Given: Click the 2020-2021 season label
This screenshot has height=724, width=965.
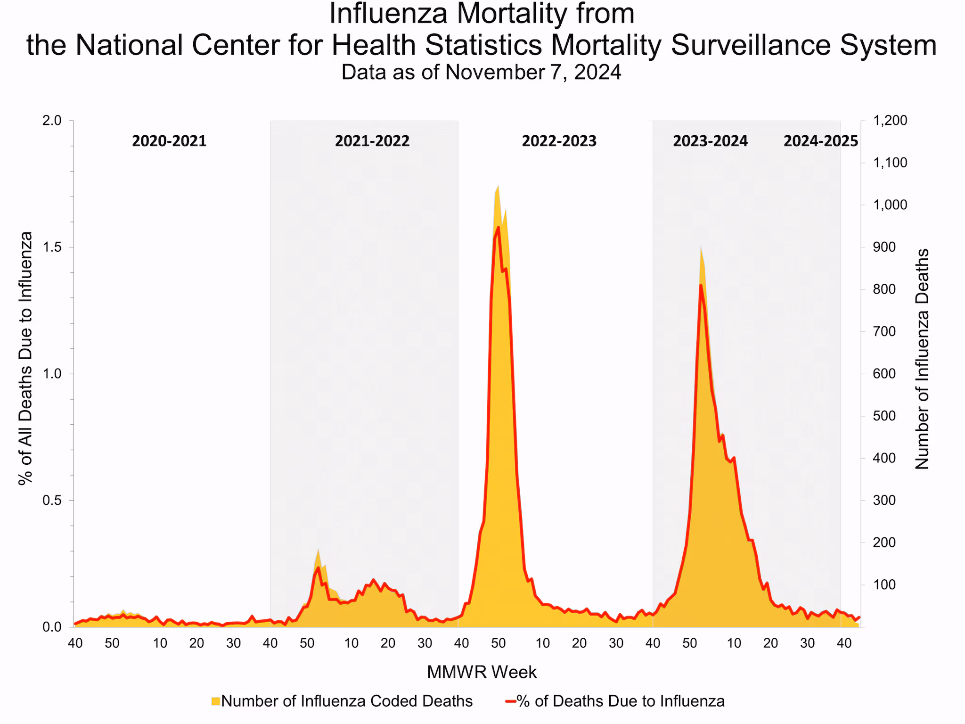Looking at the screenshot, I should [169, 141].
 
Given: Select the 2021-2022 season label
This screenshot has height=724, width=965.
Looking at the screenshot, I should [372, 141].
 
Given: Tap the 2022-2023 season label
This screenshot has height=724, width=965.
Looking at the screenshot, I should [559, 141].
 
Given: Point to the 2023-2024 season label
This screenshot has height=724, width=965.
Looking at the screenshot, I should [710, 141].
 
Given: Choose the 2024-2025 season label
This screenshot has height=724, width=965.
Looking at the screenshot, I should [821, 141].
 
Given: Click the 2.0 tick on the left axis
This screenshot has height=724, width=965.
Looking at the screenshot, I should [52, 121].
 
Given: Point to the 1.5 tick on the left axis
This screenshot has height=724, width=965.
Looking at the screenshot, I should [52, 247].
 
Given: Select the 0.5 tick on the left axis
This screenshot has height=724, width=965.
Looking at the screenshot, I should [52, 501].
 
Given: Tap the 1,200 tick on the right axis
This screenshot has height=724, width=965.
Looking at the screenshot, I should [890, 121].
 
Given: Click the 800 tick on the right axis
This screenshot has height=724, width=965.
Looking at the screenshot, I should [884, 289].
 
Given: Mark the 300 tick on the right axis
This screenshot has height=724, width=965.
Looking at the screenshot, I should [884, 501].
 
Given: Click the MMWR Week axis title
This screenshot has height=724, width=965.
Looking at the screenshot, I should [482, 672].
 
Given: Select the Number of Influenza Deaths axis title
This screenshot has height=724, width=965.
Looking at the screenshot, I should [922, 359].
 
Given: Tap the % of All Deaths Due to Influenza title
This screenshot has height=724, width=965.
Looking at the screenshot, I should [25, 358].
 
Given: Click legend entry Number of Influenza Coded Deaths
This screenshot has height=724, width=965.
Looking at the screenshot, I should [346, 701].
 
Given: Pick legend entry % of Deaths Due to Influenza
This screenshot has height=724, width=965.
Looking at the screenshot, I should [620, 701].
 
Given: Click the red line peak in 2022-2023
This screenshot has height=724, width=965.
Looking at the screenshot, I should [499, 227].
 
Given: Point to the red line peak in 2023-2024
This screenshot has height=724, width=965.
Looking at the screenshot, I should [701, 285].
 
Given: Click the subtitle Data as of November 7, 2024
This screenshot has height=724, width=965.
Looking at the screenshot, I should [481, 73].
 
